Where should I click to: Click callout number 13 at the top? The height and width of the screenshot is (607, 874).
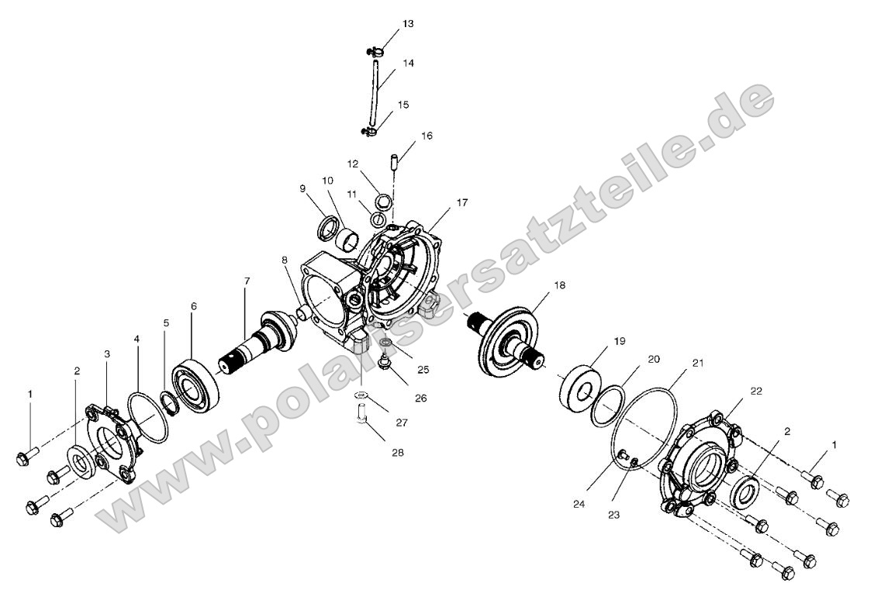pos(408,24)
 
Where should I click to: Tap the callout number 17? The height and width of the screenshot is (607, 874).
pos(462,203)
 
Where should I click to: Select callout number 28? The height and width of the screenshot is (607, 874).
pos(397,453)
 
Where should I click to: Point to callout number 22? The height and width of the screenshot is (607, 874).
pos(755,391)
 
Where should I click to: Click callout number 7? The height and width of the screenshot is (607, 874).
pos(247,281)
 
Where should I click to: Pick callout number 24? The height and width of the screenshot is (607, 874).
pos(579,504)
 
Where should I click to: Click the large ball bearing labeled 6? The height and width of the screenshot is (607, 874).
pos(195,382)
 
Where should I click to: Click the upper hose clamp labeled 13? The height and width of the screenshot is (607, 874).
pos(375,53)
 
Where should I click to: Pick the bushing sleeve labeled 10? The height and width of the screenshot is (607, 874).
pos(347,240)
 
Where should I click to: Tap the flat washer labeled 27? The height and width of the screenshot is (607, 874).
pos(362,395)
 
